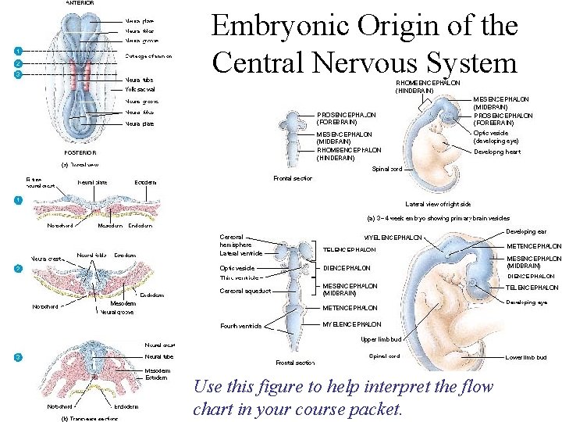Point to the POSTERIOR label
(80, 152)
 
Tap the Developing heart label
(496, 152)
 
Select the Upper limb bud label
(381, 339)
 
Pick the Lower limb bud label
(526, 357)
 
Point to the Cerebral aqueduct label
(246, 291)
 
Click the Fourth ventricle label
(241, 326)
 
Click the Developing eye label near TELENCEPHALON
(531, 302)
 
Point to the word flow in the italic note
(475, 386)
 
